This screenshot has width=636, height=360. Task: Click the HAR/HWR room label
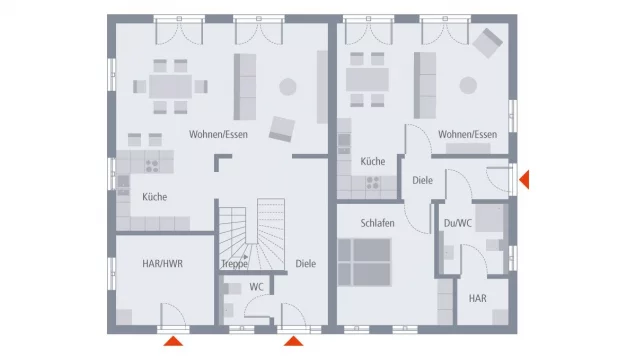(x=162, y=264)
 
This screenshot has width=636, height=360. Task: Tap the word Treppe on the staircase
(x=234, y=264)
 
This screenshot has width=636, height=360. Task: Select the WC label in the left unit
(x=256, y=287)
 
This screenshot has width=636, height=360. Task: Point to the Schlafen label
(x=377, y=223)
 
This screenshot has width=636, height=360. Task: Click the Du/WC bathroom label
(x=458, y=223)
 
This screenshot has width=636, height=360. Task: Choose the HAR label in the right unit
(x=477, y=298)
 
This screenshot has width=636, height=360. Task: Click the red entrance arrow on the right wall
(x=524, y=180)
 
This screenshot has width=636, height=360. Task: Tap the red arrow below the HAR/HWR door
(x=173, y=341)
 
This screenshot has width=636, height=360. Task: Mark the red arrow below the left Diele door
(x=293, y=341)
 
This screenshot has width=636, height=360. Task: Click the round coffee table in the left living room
(x=288, y=87)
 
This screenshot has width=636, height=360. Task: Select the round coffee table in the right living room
(x=468, y=86)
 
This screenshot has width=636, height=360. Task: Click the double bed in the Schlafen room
(x=364, y=262)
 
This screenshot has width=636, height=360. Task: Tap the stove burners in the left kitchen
(x=152, y=166)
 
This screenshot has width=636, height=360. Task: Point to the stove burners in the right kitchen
(x=373, y=183)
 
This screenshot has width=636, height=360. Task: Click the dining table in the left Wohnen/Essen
(x=170, y=86)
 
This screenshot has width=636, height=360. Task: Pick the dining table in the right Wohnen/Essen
(x=367, y=79)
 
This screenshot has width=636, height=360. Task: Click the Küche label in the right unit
(x=373, y=161)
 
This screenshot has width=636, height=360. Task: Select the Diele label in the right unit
(x=423, y=180)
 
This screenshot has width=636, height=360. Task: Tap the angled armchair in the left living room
(x=282, y=129)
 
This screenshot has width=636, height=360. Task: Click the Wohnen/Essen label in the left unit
(x=218, y=135)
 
